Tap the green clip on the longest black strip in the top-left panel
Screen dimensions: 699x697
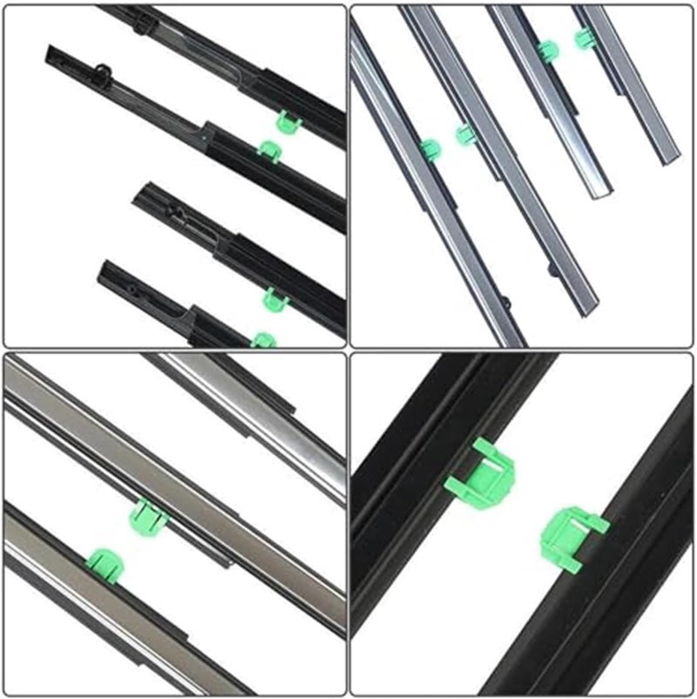269,150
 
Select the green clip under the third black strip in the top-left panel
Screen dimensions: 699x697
275,299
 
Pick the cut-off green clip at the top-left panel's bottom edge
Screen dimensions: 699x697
263,339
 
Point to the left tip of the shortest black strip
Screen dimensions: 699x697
102,265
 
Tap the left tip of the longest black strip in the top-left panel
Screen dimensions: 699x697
49,51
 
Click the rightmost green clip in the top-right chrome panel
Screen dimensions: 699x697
584,37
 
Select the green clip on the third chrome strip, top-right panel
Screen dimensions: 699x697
547,51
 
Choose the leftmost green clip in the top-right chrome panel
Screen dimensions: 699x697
430,150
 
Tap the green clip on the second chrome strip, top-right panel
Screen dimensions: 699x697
465,134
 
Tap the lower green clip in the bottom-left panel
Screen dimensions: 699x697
105,562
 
